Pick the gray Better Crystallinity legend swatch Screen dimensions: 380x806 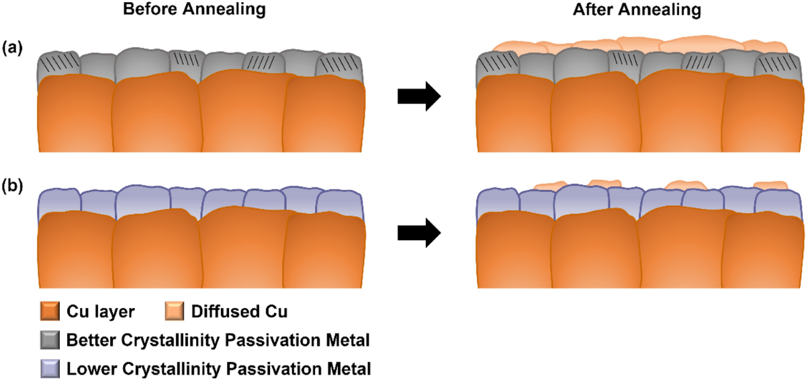(50, 340)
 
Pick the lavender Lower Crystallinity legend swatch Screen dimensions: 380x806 (50, 368)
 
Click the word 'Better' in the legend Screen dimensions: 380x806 (89, 340)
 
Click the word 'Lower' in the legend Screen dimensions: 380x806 (87, 368)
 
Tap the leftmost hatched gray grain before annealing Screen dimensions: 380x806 (58, 65)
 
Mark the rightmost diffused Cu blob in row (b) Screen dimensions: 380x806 (770, 185)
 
